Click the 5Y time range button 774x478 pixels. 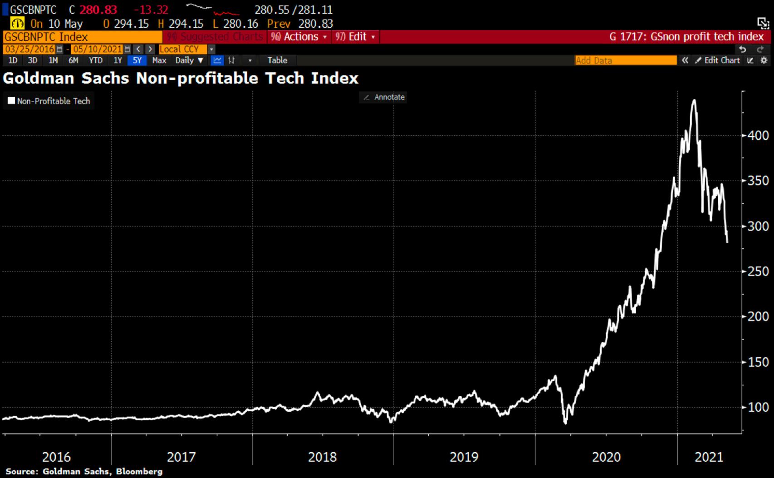137,60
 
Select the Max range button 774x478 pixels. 159,60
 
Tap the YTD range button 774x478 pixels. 95,60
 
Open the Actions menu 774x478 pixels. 299,37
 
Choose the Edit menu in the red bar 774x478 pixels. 355,37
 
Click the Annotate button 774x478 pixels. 384,97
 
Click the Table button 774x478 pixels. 277,60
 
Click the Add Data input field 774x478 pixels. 625,60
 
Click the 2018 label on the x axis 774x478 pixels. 322,457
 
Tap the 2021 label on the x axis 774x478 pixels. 709,457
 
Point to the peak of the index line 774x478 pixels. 694,100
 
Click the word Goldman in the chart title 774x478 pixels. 39,78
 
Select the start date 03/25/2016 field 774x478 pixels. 30,49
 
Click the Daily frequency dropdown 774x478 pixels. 189,60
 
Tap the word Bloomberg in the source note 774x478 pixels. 139,472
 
